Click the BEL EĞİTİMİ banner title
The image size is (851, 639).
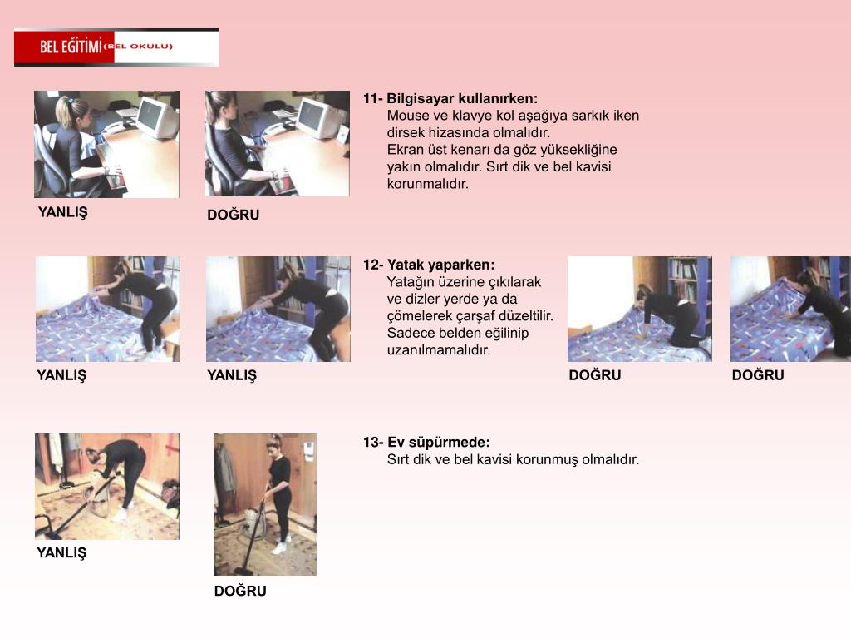(71, 47)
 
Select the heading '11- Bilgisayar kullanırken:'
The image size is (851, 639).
(450, 98)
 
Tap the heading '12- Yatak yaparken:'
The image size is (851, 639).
(429, 265)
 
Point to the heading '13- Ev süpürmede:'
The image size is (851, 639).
(426, 442)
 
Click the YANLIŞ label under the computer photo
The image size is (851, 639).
(62, 212)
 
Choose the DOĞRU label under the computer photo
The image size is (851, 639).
(234, 215)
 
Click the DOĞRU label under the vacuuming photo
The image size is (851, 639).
(240, 591)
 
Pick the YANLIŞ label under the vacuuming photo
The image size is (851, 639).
(61, 552)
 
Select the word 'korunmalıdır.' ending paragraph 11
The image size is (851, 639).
(428, 184)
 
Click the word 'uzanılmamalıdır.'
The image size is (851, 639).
(439, 349)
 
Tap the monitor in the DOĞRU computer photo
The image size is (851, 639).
(320, 118)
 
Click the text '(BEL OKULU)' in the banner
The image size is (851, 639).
(138, 47)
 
